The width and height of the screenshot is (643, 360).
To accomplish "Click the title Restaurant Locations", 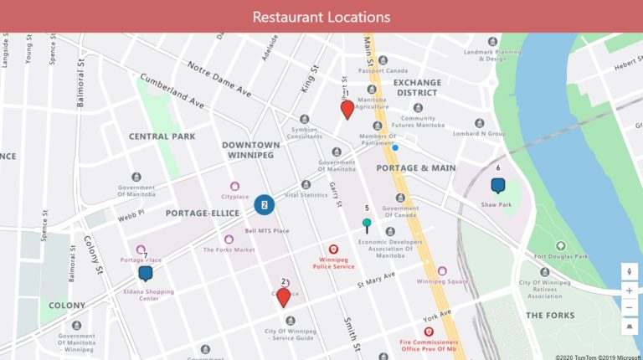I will click(321, 17).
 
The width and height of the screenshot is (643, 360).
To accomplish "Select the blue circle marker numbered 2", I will click(265, 203).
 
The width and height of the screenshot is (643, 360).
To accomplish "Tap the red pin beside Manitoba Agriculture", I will click(347, 110).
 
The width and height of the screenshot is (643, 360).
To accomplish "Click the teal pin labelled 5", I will click(367, 224).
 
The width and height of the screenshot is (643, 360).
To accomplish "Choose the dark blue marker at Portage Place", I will click(146, 272).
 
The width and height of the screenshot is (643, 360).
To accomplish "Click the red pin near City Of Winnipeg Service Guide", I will click(284, 296).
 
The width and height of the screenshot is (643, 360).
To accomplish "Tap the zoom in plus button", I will click(630, 291).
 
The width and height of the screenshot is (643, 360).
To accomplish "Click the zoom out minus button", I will click(630, 308).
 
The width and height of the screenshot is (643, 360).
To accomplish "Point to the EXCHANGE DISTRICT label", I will click(416, 87).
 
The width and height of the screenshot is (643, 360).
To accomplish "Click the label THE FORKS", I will click(550, 316).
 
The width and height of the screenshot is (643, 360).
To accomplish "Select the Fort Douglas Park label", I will click(561, 257).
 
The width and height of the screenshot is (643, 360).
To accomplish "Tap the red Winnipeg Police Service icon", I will click(333, 249).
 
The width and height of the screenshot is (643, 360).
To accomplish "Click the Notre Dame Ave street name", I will click(219, 78).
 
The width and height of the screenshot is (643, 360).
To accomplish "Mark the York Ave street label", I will click(437, 318).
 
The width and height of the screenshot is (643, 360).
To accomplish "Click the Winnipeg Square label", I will click(442, 281).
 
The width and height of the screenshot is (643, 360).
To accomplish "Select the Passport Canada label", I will click(383, 70).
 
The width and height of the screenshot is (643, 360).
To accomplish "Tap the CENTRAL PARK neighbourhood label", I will click(162, 136).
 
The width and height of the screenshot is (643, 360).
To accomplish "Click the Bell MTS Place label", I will click(266, 230).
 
